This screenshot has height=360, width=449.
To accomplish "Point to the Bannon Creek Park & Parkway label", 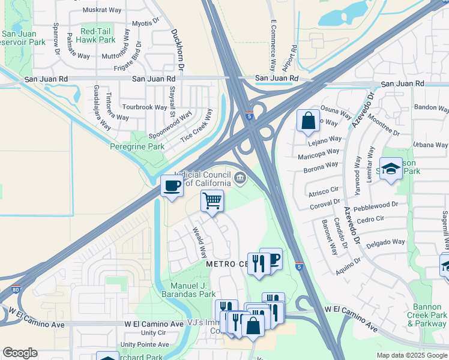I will point(427,319).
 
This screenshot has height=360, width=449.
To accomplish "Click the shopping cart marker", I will point(212,201).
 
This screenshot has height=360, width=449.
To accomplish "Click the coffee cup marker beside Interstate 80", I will point(172,185).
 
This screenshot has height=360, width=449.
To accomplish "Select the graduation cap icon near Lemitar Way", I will point(390,169).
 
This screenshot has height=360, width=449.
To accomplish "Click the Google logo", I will point(20,353).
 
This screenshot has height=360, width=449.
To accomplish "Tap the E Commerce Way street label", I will point(273,45).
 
